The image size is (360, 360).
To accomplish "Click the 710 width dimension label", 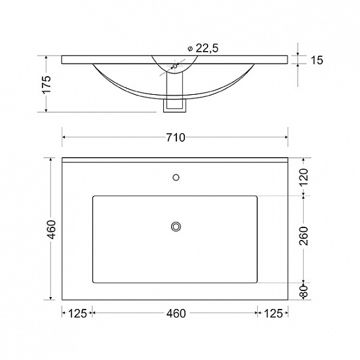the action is click(x=176, y=137).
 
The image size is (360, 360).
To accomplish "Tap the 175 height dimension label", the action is click(x=46, y=84).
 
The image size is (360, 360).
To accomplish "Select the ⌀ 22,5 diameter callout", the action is click(x=203, y=48).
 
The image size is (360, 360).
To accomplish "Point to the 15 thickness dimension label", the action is click(x=317, y=60).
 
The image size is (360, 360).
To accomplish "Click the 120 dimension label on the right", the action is click(x=304, y=177).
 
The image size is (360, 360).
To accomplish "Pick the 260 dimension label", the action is click(x=304, y=236).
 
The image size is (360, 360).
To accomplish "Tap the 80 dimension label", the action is click(x=304, y=291).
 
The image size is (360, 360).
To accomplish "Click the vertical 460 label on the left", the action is click(x=51, y=229).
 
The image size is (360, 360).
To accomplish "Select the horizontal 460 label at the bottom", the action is click(x=176, y=314).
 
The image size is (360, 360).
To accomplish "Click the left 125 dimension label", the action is click(x=78, y=314).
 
